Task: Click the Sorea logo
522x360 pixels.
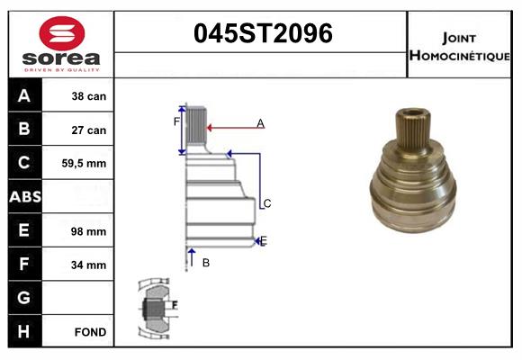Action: coord(60,45)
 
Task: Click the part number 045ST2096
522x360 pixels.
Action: coord(263,33)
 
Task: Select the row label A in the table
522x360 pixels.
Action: coord(24,96)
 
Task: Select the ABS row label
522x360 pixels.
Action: coord(24,197)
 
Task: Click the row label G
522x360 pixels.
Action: coord(24,298)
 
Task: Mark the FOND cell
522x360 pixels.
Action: coord(91,332)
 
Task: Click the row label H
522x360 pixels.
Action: coord(24,332)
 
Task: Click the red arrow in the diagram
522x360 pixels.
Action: coord(225,128)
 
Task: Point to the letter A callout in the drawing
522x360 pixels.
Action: coord(260,122)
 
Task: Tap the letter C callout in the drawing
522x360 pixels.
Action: coord(266,204)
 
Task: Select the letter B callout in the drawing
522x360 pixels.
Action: coord(205,262)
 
